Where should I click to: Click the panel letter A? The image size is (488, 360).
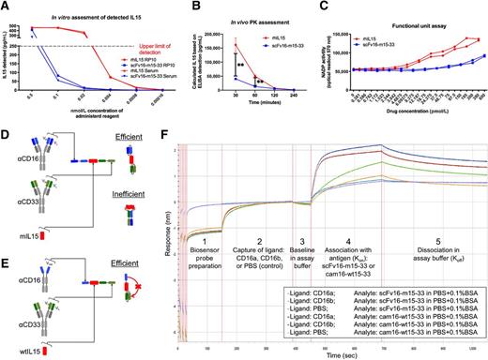pos(6,7)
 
